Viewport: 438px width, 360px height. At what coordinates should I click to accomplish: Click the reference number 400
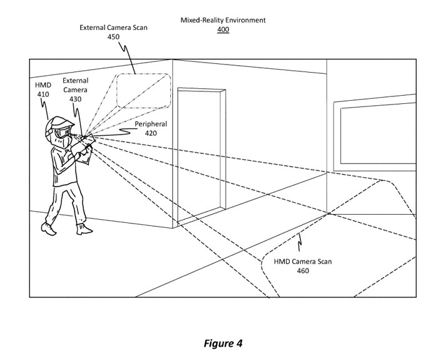(223, 29)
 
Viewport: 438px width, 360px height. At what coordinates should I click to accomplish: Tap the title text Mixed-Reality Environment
(223, 20)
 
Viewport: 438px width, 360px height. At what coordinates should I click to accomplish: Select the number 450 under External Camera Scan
(113, 37)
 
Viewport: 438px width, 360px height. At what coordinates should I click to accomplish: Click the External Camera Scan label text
(113, 28)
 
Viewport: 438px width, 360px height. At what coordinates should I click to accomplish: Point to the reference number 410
(43, 95)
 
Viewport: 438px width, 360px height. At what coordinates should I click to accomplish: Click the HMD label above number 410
(43, 85)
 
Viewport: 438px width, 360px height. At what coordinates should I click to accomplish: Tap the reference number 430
(75, 99)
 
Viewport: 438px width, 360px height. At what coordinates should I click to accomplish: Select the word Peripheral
(150, 124)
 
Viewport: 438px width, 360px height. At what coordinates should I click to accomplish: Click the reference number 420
(150, 133)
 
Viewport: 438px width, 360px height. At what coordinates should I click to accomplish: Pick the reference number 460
(303, 270)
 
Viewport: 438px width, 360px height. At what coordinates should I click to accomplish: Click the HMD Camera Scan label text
(303, 262)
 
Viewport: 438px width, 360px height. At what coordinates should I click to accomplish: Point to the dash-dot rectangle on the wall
(143, 91)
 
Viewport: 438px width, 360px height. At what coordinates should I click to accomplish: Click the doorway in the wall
(200, 157)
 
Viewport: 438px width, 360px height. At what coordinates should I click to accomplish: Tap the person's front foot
(82, 227)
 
